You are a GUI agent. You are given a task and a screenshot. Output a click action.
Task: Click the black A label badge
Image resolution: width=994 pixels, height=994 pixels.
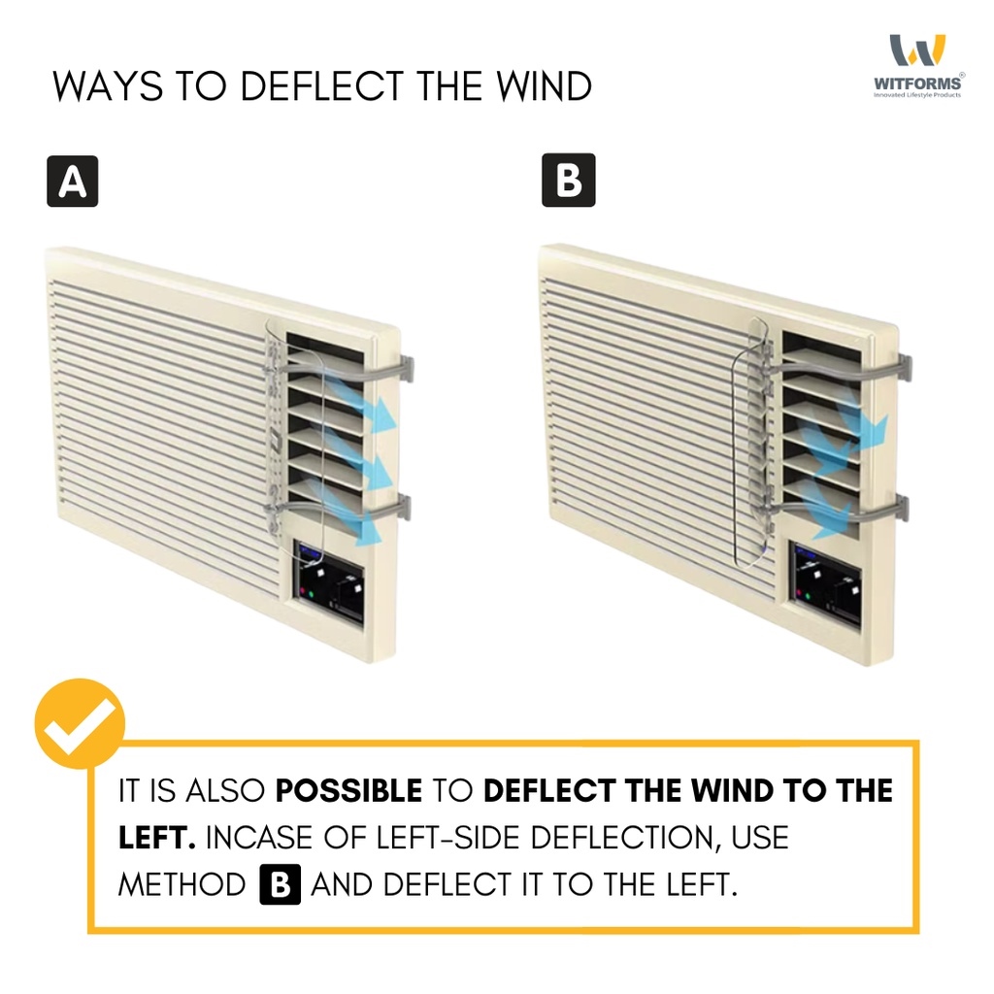(73, 182)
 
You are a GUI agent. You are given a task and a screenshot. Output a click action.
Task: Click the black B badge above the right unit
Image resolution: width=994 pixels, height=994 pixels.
(568, 182)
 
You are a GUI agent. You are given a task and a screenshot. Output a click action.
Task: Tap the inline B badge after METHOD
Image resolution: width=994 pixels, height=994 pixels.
(281, 884)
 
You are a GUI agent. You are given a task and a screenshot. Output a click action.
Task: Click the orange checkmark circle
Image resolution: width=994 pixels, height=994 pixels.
(80, 724)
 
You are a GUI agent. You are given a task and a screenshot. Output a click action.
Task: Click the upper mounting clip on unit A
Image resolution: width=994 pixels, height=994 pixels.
(402, 368)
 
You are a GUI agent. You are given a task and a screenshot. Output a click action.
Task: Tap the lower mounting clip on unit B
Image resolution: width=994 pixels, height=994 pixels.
(898, 506)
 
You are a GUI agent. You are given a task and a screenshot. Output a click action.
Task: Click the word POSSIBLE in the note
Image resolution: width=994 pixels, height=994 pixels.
(349, 790)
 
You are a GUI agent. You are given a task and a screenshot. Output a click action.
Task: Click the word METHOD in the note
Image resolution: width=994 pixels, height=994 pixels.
(182, 884)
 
